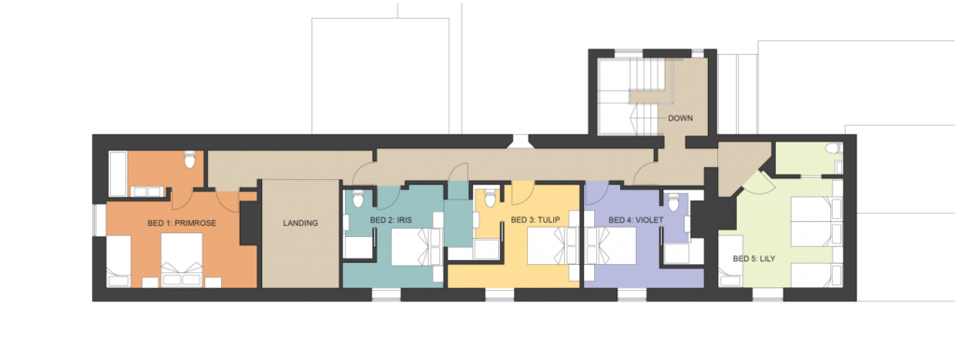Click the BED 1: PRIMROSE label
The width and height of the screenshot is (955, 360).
(182, 223)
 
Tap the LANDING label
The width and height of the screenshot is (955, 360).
(300, 223)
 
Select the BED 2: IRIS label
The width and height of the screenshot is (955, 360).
(387, 219)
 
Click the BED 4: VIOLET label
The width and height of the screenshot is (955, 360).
(635, 219)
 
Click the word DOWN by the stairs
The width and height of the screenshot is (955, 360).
(680, 118)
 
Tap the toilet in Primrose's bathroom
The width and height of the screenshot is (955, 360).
(189, 159)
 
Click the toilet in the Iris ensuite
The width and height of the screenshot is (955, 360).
(358, 200)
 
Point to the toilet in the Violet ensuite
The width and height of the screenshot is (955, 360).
(673, 201)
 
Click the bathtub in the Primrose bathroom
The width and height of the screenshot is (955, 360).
(118, 173)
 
